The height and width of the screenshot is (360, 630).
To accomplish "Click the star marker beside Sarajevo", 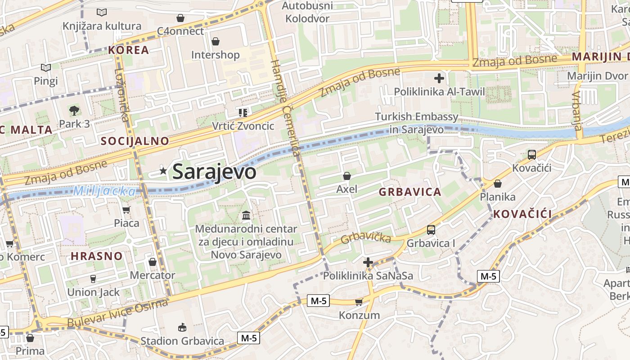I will coord(163,171).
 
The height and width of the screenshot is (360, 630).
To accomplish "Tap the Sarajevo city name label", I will coord(214,171).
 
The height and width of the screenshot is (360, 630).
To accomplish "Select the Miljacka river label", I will coord(104,191).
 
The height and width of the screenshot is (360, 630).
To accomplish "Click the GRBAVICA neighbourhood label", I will coord(409,192).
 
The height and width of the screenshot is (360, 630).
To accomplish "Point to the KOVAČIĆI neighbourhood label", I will coord(522,214).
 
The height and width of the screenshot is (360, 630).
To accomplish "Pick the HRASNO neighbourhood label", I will coord(97,256).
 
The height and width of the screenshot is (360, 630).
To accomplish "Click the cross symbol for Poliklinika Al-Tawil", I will coord(439,78).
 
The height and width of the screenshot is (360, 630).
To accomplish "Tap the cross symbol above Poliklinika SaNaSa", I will coord(368,262).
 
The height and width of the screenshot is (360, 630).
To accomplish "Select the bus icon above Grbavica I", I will coord(431,230).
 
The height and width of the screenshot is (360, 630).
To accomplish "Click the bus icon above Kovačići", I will coord(531,155).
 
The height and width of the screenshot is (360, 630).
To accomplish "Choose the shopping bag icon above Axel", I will coord(346,176).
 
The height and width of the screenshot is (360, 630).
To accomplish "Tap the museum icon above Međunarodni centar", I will coord(246,216).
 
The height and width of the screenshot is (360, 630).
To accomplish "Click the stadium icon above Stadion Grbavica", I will coord(182,327).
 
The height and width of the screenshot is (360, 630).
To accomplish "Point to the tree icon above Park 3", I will coord(74,110).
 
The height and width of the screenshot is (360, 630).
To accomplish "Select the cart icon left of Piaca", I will coord(126,210).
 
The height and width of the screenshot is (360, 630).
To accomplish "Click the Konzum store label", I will coord(359,315).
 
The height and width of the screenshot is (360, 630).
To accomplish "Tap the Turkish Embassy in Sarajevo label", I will coord(417,123).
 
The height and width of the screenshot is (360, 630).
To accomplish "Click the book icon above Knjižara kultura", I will coord(102,13).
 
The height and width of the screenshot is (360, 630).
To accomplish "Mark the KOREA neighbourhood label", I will coord(128,50).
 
